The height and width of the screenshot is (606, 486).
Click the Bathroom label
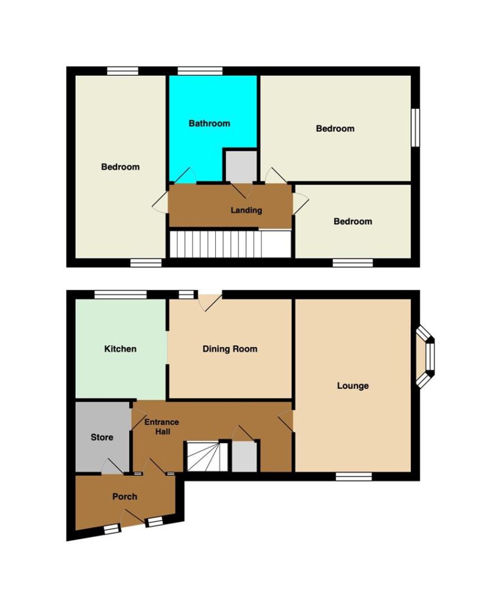(209, 123)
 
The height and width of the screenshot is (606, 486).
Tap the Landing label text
(247, 210)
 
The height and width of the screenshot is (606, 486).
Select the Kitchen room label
(121, 349)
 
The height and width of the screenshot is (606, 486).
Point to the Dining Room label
(230, 349)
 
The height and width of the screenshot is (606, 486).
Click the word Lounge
(353, 386)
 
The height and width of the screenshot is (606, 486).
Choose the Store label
(102, 437)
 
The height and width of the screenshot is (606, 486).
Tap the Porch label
(125, 497)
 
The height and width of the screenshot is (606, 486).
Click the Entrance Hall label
(162, 427)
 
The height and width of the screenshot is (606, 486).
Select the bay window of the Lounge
(425, 356)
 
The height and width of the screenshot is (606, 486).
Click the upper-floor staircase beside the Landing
(231, 244)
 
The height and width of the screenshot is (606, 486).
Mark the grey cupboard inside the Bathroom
(241, 166)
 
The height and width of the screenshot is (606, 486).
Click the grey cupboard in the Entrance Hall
(244, 456)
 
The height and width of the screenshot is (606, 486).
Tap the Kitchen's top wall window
(121, 295)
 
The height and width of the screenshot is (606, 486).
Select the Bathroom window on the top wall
(200, 71)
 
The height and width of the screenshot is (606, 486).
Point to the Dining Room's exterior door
(210, 301)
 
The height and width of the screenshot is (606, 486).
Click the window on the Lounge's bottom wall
(354, 476)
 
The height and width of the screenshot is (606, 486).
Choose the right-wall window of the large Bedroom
(416, 128)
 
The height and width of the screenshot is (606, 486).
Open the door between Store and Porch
(112, 466)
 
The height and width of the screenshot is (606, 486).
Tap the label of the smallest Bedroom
(353, 221)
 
